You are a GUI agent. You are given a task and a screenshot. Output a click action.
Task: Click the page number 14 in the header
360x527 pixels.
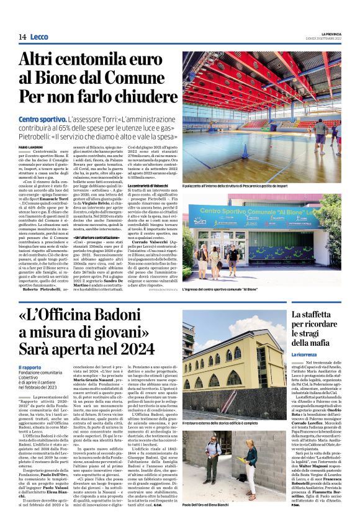pos(22,37)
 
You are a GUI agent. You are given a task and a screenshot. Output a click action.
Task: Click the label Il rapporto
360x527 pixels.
pos(30,367)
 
